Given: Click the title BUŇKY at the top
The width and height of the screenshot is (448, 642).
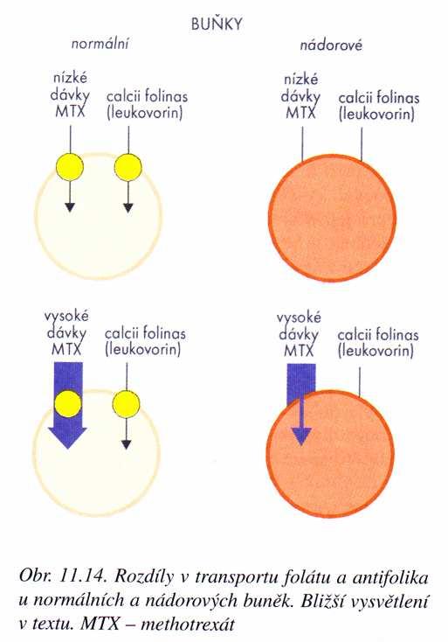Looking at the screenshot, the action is point(217,24).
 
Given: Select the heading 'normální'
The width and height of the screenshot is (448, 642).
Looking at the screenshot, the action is point(100,44).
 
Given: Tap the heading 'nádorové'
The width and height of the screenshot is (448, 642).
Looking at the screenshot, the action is point(331,45).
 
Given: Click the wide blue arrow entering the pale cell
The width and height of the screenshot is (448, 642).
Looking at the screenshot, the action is point(68,405).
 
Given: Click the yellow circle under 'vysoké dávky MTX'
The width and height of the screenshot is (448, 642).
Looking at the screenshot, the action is point(68,404).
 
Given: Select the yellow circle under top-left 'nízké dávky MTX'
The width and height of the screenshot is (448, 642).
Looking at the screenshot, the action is point(70,167).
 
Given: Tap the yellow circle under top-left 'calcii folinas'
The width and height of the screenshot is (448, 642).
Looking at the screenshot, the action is point(128,167).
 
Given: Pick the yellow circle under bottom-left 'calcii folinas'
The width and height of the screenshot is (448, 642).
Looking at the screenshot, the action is point(127,404).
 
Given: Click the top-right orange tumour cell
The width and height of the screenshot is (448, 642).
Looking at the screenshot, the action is point(333,217).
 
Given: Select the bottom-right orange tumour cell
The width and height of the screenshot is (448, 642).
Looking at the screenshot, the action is point(330,454).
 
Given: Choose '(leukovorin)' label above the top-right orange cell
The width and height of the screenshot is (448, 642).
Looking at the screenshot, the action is point(376,114).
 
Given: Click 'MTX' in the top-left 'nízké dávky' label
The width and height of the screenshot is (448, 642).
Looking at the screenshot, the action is point(71,111).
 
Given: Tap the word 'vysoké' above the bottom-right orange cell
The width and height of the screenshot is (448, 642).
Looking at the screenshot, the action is point(299,318).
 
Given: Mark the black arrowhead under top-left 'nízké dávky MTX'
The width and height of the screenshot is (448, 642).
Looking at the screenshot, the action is point(70,207).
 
